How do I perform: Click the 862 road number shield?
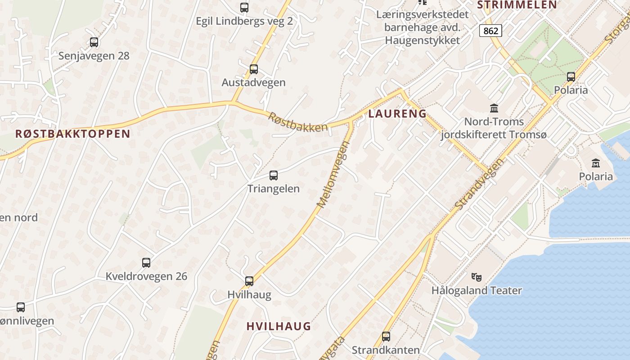(x=490, y=31)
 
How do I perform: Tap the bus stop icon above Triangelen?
(x=273, y=175)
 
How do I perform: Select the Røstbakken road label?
(x=298, y=122)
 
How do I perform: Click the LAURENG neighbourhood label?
(x=397, y=114)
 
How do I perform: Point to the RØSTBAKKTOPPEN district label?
(x=72, y=134)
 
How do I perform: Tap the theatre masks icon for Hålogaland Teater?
(x=476, y=277)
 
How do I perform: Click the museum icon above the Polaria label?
(x=596, y=163)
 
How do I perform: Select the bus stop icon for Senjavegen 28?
(x=94, y=42)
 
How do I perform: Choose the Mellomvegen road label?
(x=333, y=175)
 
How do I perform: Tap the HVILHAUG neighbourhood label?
(x=279, y=326)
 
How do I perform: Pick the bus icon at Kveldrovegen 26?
(x=146, y=263)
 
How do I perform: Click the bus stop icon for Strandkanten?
(x=386, y=337)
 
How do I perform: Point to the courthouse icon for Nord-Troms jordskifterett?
(x=494, y=108)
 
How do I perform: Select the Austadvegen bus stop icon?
(x=253, y=69)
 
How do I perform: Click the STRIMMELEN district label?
(x=517, y=5)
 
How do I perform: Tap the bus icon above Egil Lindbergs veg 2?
(x=244, y=8)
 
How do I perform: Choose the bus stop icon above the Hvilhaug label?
(x=249, y=281)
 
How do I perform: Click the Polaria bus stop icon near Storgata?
(x=571, y=77)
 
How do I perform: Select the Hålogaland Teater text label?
(x=477, y=291)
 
